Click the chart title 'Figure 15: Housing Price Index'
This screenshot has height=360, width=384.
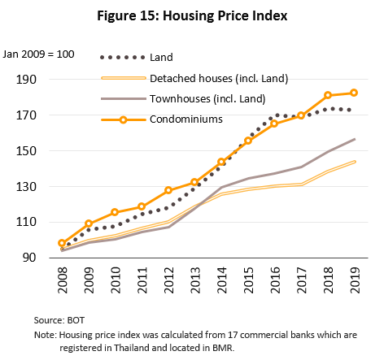(192, 15)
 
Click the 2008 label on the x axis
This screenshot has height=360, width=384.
(63, 282)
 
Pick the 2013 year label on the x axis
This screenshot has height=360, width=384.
(194, 282)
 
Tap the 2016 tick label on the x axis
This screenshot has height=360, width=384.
(274, 282)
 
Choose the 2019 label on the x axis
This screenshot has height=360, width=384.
(354, 282)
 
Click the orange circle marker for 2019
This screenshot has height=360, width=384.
(353, 93)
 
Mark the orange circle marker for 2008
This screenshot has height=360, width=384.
(62, 243)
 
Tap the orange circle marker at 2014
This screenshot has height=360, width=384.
(221, 162)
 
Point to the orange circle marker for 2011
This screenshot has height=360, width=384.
(142, 206)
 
